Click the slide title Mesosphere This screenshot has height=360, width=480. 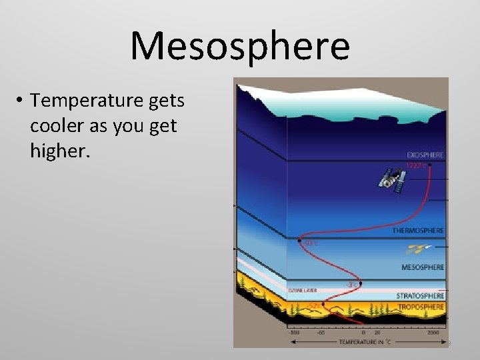pyautogui.click(x=240, y=46)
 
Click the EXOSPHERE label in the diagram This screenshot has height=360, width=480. pyautogui.click(x=425, y=155)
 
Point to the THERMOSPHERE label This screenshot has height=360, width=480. pyautogui.click(x=418, y=231)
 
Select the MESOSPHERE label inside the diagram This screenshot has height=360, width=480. pyautogui.click(x=423, y=267)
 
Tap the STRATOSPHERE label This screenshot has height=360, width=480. pyautogui.click(x=420, y=295)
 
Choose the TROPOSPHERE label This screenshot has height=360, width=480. pyautogui.click(x=421, y=307)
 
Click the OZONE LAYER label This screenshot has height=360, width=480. pyautogui.click(x=302, y=291)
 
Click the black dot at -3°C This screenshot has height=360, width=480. pyautogui.click(x=361, y=283)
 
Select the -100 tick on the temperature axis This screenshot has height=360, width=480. pyautogui.click(x=294, y=331)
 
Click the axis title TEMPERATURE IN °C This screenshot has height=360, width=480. pyautogui.click(x=364, y=342)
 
